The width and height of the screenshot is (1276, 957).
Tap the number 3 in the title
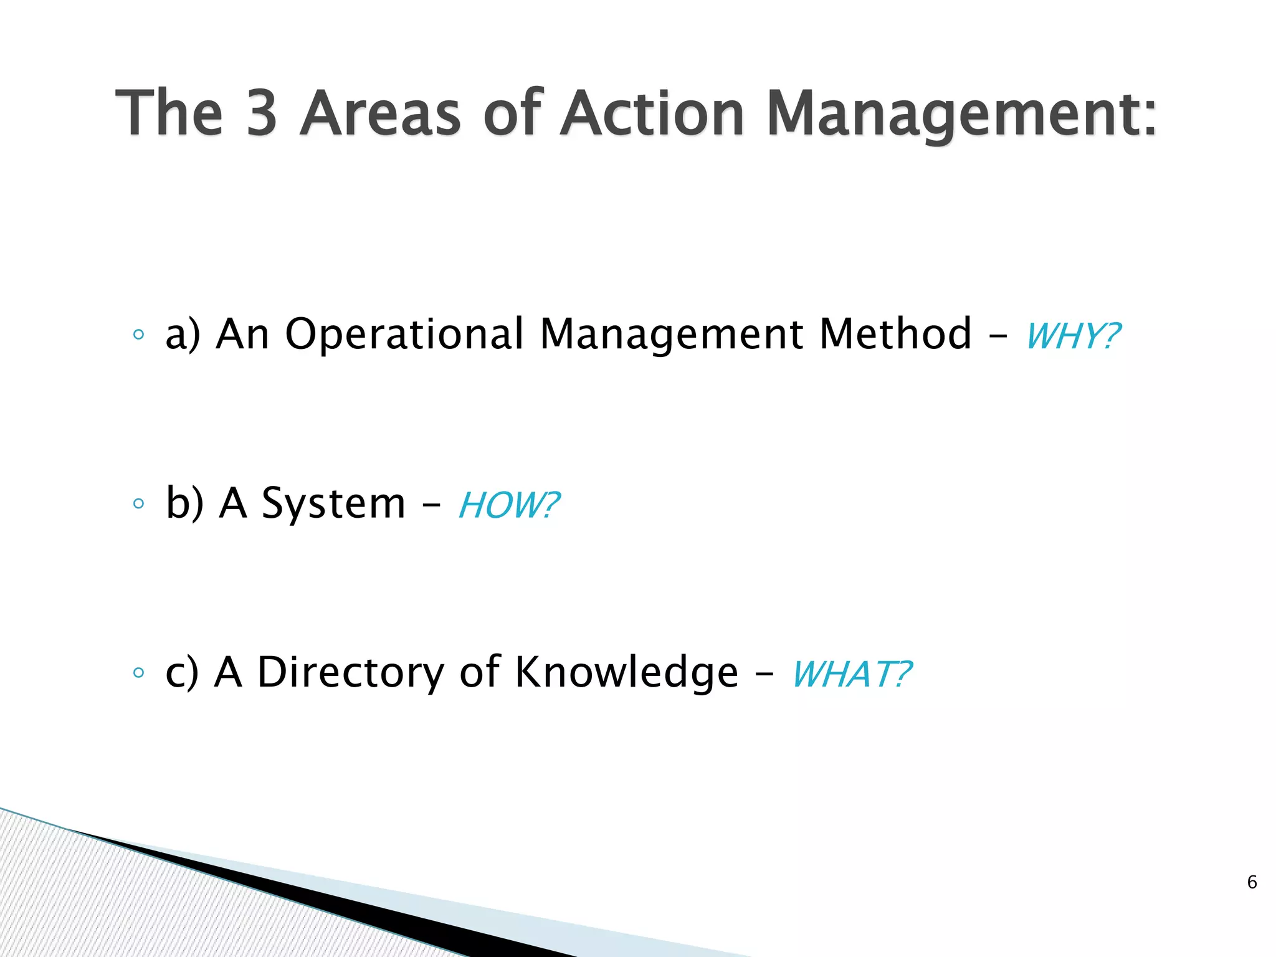tap(262, 113)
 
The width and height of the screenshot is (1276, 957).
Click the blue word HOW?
tap(508, 505)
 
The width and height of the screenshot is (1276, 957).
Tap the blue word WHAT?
tap(851, 675)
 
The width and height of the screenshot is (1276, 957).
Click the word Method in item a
tap(895, 334)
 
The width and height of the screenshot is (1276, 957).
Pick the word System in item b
tap(333, 503)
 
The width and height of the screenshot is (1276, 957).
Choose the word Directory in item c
tap(351, 672)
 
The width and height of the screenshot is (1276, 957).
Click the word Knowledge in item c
tap(626, 674)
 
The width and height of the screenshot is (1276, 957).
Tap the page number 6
tap(1252, 882)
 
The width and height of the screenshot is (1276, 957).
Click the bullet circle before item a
tap(138, 335)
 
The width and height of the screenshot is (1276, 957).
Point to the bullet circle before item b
tap(138, 503)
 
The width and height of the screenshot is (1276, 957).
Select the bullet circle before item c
tap(138, 673)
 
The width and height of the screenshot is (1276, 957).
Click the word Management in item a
tap(672, 335)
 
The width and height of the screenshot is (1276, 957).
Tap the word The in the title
tap(169, 113)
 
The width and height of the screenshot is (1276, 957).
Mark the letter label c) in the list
tap(181, 674)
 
